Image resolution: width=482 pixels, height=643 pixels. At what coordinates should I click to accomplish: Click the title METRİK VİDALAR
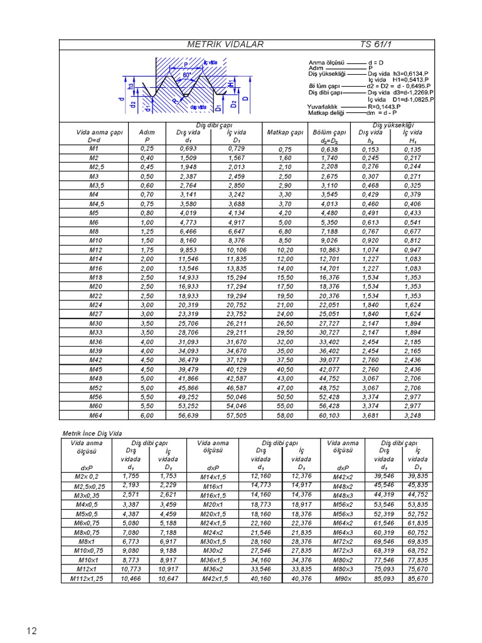pos(226,45)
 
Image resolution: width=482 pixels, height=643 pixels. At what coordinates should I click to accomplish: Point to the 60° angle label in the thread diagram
pos(187,75)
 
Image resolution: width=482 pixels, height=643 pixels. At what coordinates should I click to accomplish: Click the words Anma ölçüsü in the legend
pos(325,63)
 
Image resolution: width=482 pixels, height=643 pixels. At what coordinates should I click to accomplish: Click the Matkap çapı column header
pos(285,132)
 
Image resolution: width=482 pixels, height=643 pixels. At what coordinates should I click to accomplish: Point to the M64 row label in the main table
pos(95,415)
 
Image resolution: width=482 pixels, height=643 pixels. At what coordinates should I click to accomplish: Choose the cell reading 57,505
pos(237,415)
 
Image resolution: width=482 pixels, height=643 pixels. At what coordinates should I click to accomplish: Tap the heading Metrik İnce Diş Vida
pos(92,433)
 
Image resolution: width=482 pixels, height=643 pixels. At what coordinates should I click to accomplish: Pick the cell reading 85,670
pos(417,578)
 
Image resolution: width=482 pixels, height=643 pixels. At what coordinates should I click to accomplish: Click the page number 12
pos(32,630)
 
